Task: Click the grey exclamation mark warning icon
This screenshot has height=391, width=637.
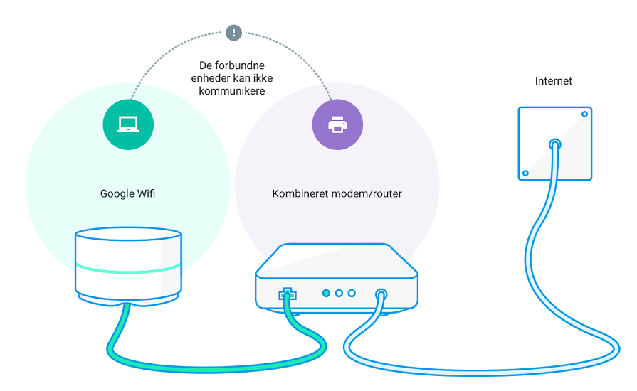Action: pos(233,33)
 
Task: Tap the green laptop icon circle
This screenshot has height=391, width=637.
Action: pos(128,124)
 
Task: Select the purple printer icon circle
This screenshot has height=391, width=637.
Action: pos(337,124)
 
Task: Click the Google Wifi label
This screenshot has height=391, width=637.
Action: pos(127,193)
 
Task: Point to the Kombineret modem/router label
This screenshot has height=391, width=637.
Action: pos(337,193)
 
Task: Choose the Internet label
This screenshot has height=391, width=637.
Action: pos(553,81)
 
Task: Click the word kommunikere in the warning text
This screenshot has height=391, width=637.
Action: pos(231,91)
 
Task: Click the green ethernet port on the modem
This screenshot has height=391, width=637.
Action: pos(288,294)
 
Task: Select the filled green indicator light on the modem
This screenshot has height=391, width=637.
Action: pos(326,293)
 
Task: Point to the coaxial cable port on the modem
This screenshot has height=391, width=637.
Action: pos(381,293)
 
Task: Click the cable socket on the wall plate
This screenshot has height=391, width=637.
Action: pos(555,144)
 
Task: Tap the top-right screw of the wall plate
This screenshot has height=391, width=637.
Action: pos(584,114)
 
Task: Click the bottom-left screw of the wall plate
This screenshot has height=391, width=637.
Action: pos(525,173)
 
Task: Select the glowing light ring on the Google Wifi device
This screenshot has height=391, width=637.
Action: pos(128,269)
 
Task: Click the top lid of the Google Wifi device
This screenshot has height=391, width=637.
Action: pos(128,234)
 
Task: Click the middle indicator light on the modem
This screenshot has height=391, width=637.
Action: pos(339,293)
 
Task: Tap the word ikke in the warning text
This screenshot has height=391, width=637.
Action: pos(263,78)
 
